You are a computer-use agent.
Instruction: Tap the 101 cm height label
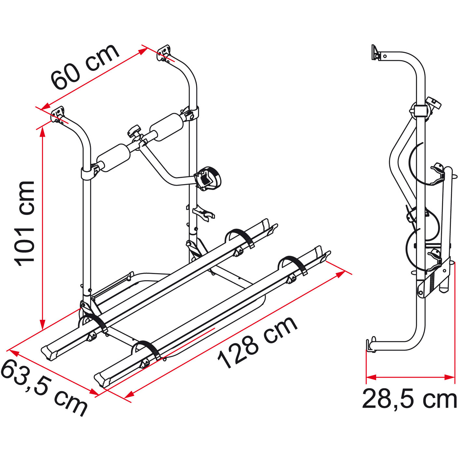coord(25,224)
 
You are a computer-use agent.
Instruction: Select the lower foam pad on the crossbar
coord(114,158)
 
